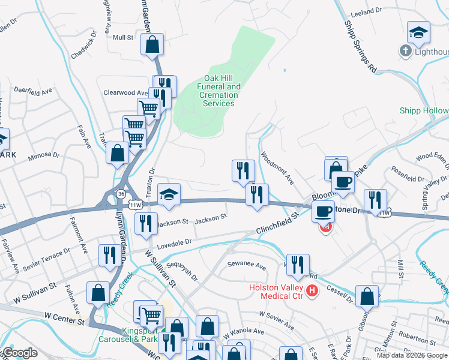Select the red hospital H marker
tap(312, 292)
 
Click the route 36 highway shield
tap(121, 194)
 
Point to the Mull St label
tap(122, 37)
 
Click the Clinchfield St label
tap(277, 221)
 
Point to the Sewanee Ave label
tap(246, 265)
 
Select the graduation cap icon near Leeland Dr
tap(418, 32)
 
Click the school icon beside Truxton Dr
tap(169, 194)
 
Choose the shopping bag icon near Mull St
tap(152, 44)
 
